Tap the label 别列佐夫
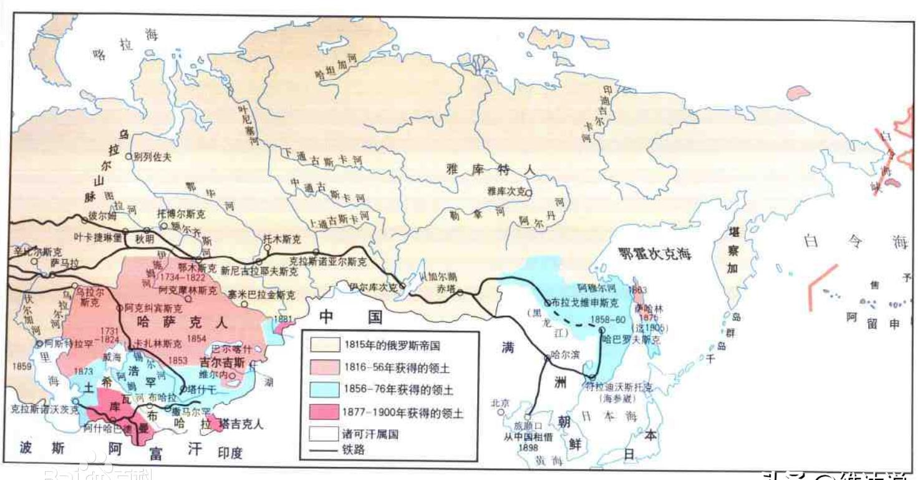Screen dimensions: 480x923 (x=153, y=157)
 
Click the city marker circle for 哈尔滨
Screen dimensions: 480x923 (x=547, y=358)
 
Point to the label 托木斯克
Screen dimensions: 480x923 (x=283, y=239)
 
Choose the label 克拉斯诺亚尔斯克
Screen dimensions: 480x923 (x=329, y=262)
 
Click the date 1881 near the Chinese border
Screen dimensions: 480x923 (x=283, y=318)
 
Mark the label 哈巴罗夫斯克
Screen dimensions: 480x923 (x=631, y=340)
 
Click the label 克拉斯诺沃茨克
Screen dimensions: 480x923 (x=46, y=409)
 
